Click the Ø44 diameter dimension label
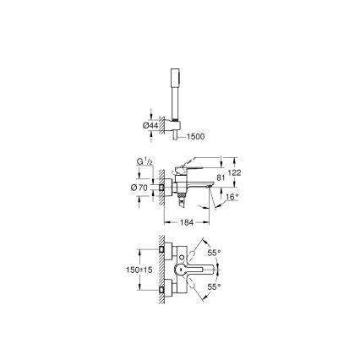(x=150, y=125)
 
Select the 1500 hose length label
(x=194, y=135)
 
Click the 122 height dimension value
(x=236, y=172)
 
